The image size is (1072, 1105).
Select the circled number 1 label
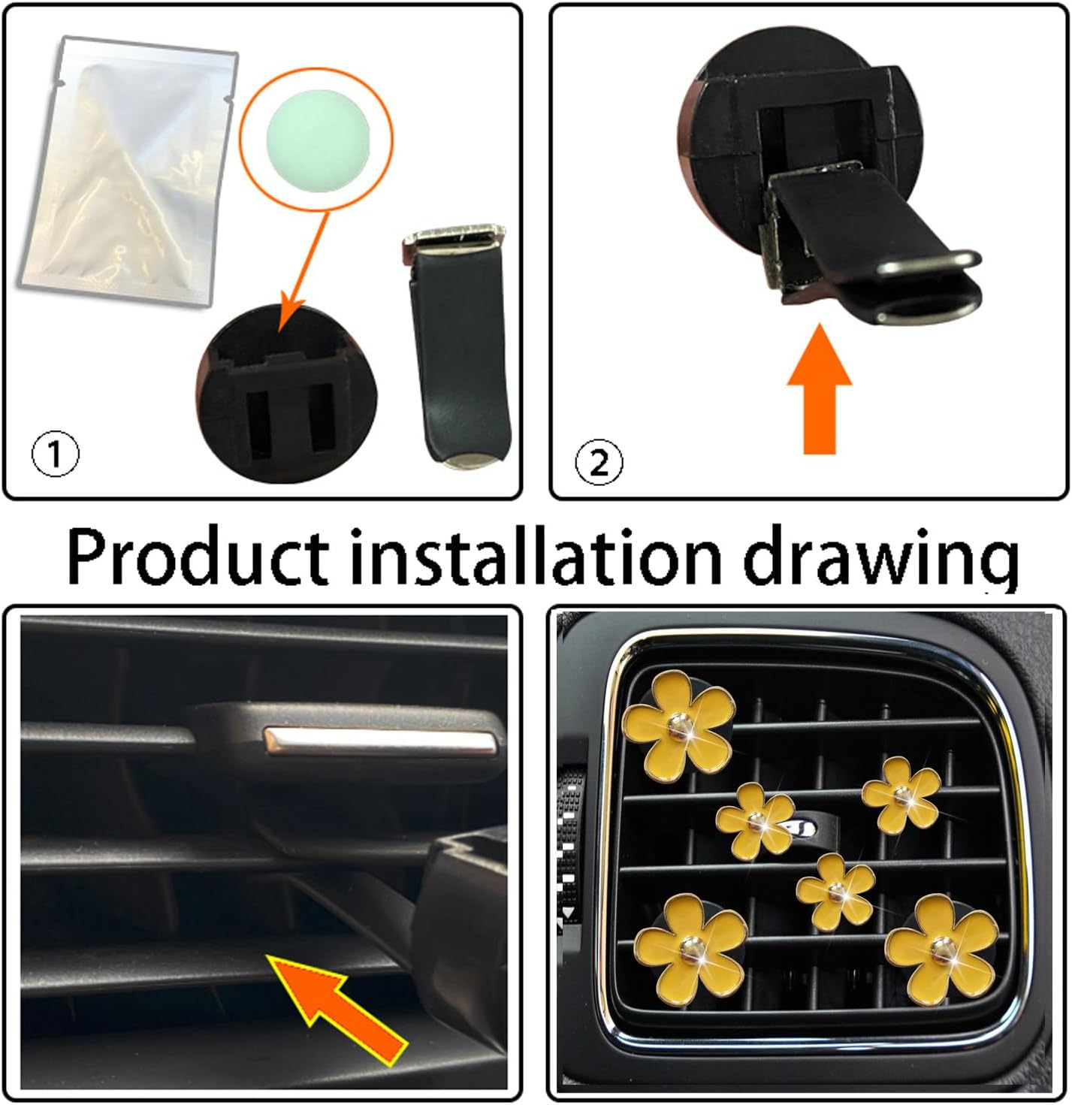(x=55, y=454)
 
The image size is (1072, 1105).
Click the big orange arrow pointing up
(x=820, y=390)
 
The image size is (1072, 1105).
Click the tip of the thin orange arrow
(x=280, y=329)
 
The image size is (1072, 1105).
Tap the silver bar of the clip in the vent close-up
(x=380, y=742)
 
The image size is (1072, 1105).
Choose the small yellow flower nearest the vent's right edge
(x=901, y=795)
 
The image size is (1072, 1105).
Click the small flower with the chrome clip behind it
(x=755, y=820)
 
